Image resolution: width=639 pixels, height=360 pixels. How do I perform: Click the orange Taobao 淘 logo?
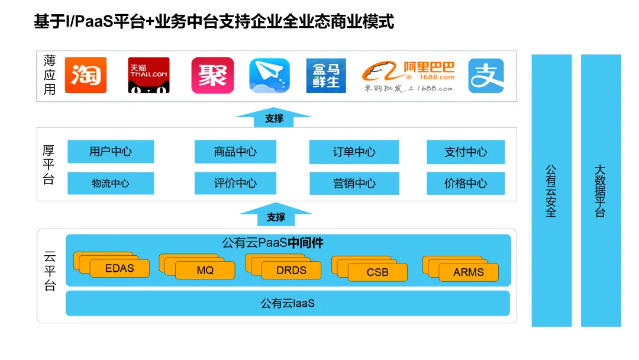pos(85,75)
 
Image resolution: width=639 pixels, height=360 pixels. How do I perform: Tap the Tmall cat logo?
pos(149,75)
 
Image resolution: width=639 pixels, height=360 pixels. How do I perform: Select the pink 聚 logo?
pos(212,75)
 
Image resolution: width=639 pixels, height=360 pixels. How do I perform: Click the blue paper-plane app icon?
pos(269,75)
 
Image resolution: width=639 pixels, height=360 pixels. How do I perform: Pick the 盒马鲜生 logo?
pos(326,75)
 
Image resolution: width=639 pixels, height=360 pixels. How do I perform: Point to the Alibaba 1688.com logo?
pos(409,76)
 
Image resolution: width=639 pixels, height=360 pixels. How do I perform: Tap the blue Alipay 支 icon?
pos(486,75)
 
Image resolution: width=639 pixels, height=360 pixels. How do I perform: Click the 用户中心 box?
pos(111,152)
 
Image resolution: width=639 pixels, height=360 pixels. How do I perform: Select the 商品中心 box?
pos(235,152)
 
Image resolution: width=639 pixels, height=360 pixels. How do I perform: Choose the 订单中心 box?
pos(354,152)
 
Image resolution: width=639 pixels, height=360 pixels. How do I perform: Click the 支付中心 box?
pos(466,152)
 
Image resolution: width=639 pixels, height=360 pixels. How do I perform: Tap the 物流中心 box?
pos(111,183)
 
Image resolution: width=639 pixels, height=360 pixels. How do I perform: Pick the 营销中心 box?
pos(354,183)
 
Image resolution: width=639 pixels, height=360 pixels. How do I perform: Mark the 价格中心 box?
pos(466,183)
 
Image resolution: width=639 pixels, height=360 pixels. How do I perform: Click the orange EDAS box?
pos(120,268)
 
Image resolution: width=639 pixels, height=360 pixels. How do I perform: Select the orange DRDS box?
pos(292,270)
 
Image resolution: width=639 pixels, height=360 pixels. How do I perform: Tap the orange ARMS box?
pos(469,272)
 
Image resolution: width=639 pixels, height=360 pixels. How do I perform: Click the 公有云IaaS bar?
pos(288,303)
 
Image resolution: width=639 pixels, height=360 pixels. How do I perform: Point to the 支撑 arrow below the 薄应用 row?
pos(274,117)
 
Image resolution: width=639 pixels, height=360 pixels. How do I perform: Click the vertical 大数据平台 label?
pos(601,191)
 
